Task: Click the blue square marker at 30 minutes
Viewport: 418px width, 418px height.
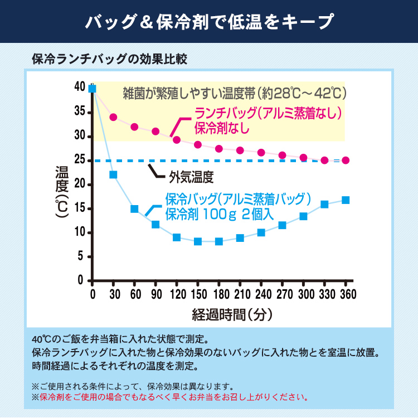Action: tap(113, 174)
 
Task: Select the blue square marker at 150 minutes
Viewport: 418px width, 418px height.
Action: tap(197, 241)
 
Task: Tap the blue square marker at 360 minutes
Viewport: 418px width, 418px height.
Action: tap(346, 200)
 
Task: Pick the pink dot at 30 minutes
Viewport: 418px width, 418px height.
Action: tap(113, 117)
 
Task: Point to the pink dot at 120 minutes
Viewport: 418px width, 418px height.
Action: tap(177, 140)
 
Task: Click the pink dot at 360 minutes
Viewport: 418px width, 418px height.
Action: tap(346, 161)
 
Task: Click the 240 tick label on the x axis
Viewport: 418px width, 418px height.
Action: tap(261, 294)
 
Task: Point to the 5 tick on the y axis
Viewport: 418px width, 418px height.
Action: tap(81, 256)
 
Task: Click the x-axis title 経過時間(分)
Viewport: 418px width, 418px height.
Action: tap(232, 314)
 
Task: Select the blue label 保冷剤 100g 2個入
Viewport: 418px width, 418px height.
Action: tap(220, 213)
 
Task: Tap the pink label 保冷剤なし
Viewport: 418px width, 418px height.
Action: tap(222, 128)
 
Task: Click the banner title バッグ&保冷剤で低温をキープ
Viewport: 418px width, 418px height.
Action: tap(209, 21)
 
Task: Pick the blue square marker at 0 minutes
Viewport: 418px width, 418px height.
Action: tap(93, 88)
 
